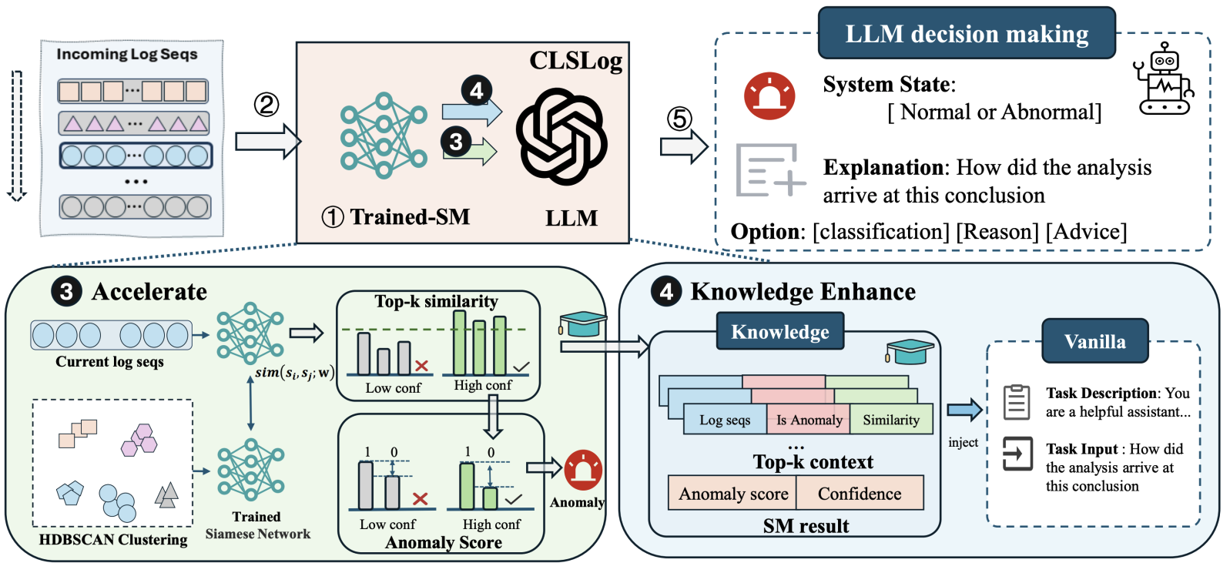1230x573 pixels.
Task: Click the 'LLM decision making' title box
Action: click(967, 34)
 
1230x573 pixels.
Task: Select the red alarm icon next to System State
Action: click(769, 96)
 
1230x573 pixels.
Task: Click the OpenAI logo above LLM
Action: click(562, 137)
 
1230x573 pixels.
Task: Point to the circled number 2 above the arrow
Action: click(266, 104)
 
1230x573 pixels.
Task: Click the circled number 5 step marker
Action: click(679, 118)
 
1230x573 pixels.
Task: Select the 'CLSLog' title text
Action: click(575, 60)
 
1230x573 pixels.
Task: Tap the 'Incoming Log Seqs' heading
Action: click(127, 54)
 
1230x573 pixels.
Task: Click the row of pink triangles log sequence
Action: click(134, 123)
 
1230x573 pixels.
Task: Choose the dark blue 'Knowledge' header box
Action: click(779, 332)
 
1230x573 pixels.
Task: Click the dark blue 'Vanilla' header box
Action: click(1094, 341)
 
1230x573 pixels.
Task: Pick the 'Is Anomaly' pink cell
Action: click(809, 420)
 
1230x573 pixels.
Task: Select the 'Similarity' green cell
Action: click(891, 420)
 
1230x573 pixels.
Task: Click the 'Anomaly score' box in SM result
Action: click(732, 494)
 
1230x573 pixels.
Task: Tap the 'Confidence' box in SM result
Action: click(860, 494)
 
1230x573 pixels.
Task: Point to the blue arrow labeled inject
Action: click(964, 410)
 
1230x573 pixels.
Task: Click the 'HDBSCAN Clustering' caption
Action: click(113, 539)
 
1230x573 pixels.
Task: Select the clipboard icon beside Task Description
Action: click(1017, 402)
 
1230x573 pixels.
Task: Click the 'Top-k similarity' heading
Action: click(436, 301)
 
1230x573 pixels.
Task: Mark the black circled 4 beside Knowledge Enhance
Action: click(666, 291)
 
